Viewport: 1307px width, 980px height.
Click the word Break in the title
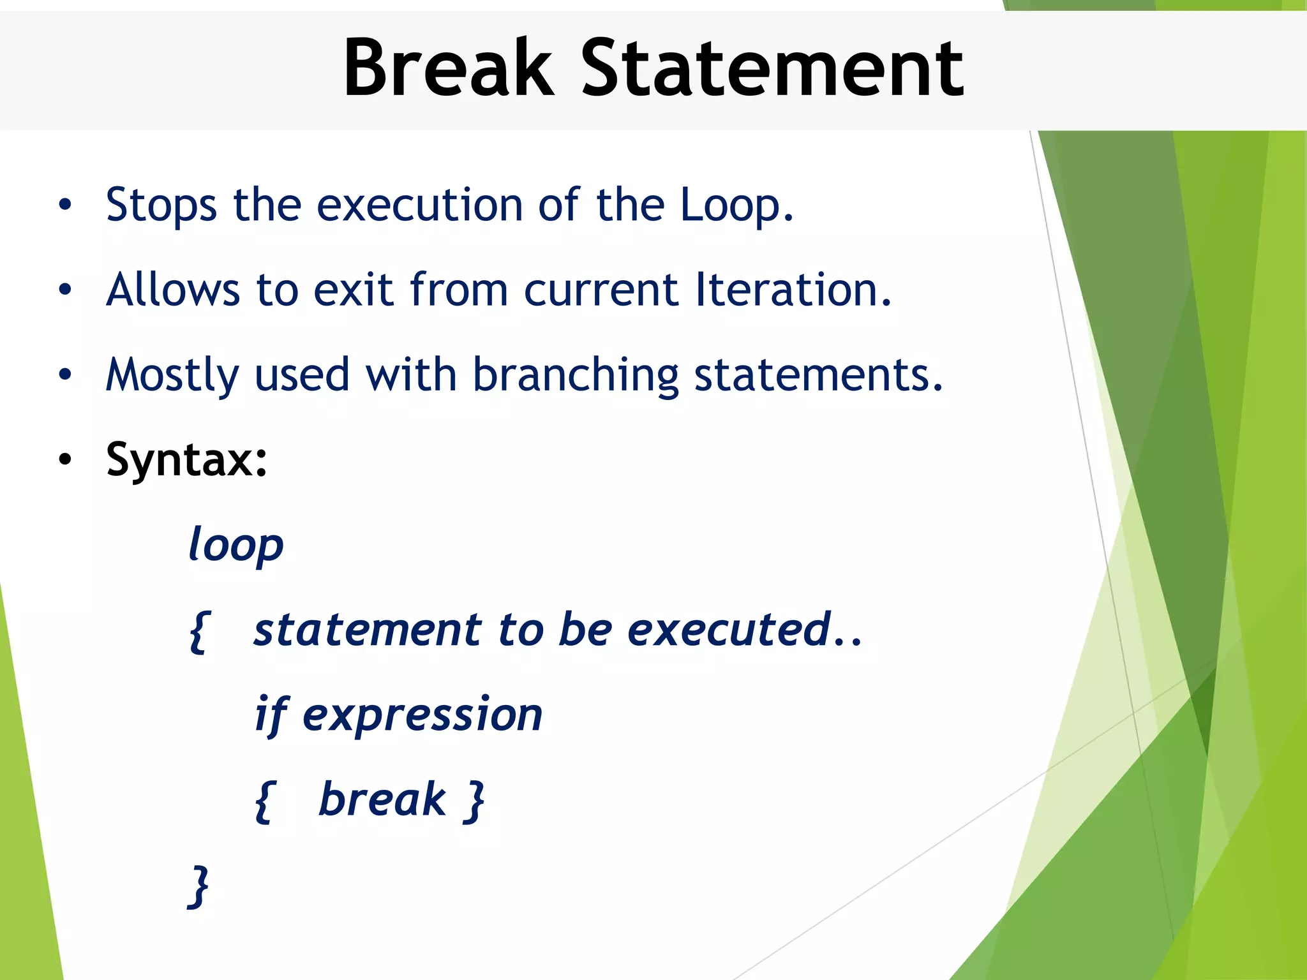click(447, 68)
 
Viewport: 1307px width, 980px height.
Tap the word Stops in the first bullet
click(161, 205)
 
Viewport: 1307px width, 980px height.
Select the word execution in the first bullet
click(419, 205)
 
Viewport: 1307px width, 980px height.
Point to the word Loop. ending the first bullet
click(736, 205)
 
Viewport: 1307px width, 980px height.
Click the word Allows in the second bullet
click(173, 290)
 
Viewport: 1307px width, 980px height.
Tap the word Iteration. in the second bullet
click(793, 290)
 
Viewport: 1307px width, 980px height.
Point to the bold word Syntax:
click(186, 459)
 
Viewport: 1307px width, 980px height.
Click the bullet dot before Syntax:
click(64, 460)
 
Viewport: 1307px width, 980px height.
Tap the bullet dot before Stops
click(64, 205)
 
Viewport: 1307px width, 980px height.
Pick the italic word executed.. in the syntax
click(744, 630)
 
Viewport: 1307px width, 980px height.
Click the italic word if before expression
click(271, 715)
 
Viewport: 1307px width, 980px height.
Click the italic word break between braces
click(382, 799)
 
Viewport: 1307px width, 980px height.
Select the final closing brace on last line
click(199, 886)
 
